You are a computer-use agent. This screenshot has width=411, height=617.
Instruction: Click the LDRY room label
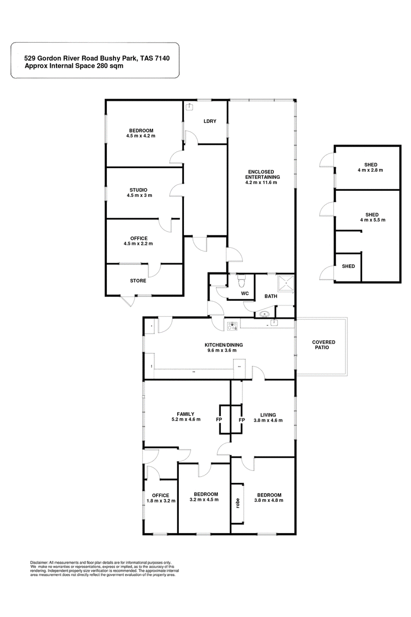tap(210, 121)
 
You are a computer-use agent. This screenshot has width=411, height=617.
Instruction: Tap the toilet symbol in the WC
tap(241, 280)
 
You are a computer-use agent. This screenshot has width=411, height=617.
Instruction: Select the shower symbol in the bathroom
tap(286, 283)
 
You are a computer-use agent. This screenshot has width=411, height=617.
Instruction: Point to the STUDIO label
tap(139, 190)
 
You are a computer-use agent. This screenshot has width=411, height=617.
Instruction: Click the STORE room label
tap(138, 281)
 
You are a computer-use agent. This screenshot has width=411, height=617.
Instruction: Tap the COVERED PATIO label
tap(324, 345)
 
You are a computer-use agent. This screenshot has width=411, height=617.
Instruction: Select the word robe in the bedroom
tap(238, 503)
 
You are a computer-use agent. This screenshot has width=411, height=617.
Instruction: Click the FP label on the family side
tap(219, 420)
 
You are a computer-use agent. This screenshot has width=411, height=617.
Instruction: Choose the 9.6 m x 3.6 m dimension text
tap(222, 350)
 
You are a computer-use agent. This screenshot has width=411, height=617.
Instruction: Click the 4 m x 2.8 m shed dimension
tap(370, 170)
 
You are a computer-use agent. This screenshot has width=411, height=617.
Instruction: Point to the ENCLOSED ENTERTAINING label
tap(263, 174)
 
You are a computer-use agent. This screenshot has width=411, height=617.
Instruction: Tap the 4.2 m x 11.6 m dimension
tap(261, 183)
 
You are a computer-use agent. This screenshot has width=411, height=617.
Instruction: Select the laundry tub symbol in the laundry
tap(190, 106)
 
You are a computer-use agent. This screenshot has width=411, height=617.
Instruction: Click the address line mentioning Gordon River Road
tap(97, 59)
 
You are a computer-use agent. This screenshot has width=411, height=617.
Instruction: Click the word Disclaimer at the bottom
tap(39, 562)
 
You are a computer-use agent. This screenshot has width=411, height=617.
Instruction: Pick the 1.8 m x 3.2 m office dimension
tap(161, 501)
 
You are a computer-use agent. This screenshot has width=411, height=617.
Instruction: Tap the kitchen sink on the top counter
tap(274, 323)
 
